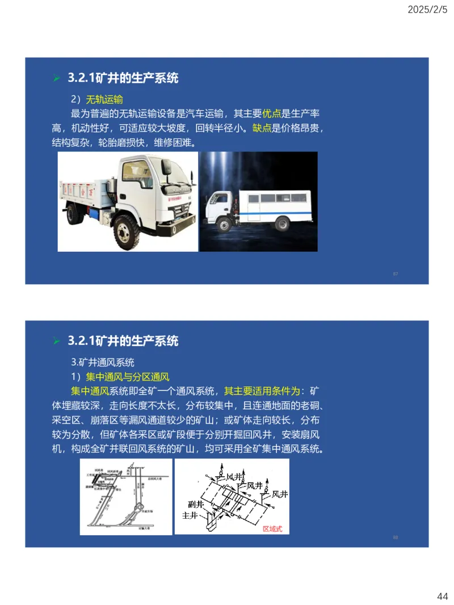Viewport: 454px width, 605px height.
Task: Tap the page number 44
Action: click(x=443, y=596)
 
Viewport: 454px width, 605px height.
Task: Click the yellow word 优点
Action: click(x=272, y=113)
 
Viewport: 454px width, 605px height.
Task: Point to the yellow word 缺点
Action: click(x=262, y=128)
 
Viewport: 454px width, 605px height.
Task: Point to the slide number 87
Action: click(x=396, y=274)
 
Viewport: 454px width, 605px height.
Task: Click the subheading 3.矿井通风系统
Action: click(x=103, y=362)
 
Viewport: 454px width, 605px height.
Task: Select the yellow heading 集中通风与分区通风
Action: click(x=128, y=376)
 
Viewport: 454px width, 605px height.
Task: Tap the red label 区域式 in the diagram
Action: click(x=272, y=528)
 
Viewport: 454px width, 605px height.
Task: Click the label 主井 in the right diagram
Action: click(x=190, y=516)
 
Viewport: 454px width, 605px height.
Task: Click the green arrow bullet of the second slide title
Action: click(x=56, y=341)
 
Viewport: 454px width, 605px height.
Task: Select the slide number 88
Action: click(x=396, y=537)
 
